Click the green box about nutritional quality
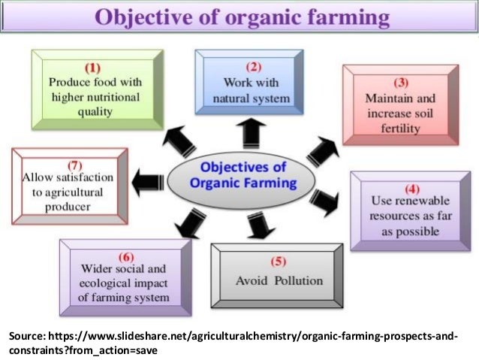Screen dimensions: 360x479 point(96,89)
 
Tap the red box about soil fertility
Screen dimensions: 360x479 point(403,104)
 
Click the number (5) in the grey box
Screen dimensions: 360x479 point(279,261)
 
